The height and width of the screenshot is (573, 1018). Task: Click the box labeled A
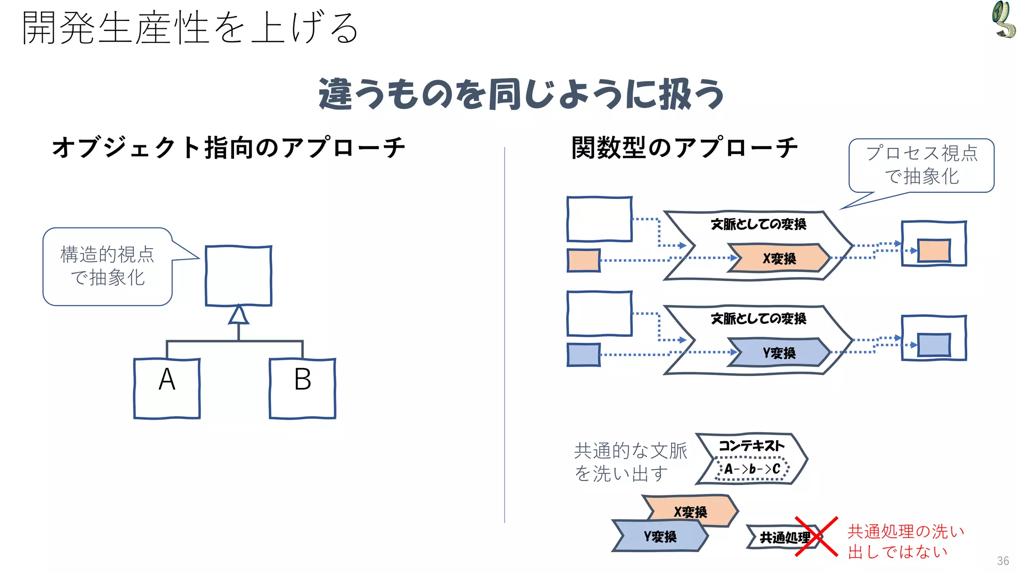coord(167,388)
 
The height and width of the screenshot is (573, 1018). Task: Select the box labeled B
coord(302,388)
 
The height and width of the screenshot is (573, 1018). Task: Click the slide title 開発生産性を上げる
coord(190,28)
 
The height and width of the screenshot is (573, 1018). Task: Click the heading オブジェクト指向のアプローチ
coord(229,147)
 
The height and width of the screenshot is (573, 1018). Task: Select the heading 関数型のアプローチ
coord(684,147)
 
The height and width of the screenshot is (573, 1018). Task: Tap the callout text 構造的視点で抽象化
coord(107,266)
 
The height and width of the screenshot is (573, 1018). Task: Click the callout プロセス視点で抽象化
coord(922,165)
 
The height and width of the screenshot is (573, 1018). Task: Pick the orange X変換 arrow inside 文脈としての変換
coord(778,258)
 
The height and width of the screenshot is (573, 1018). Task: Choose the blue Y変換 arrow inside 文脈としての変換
coord(778,353)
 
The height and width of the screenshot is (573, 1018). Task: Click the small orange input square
coord(584,261)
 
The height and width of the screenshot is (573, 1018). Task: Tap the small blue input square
coord(584,355)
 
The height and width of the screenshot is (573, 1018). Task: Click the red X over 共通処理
coord(816,536)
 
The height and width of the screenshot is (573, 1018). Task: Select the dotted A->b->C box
coord(752,469)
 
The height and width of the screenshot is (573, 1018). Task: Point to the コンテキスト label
coord(752,446)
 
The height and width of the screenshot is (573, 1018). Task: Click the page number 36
coord(1003,561)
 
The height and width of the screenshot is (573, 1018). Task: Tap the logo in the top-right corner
coord(1003,20)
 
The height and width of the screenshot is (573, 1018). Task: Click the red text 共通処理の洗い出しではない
coord(906,541)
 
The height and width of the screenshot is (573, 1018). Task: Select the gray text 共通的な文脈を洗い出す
coord(630,462)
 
